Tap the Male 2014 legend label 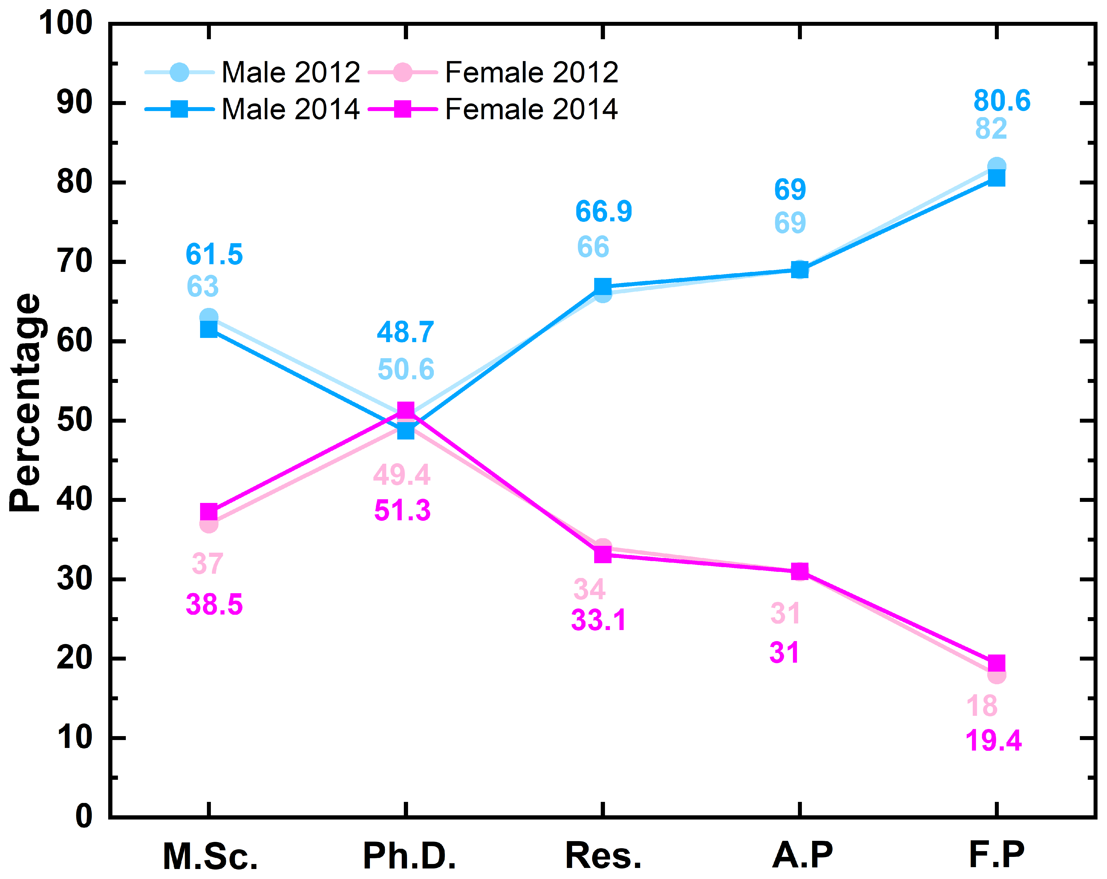291,109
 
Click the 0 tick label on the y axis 84,816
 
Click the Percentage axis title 26,403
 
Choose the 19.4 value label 994,740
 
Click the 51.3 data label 402,510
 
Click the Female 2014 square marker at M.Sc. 209,511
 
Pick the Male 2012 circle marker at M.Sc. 209,317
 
